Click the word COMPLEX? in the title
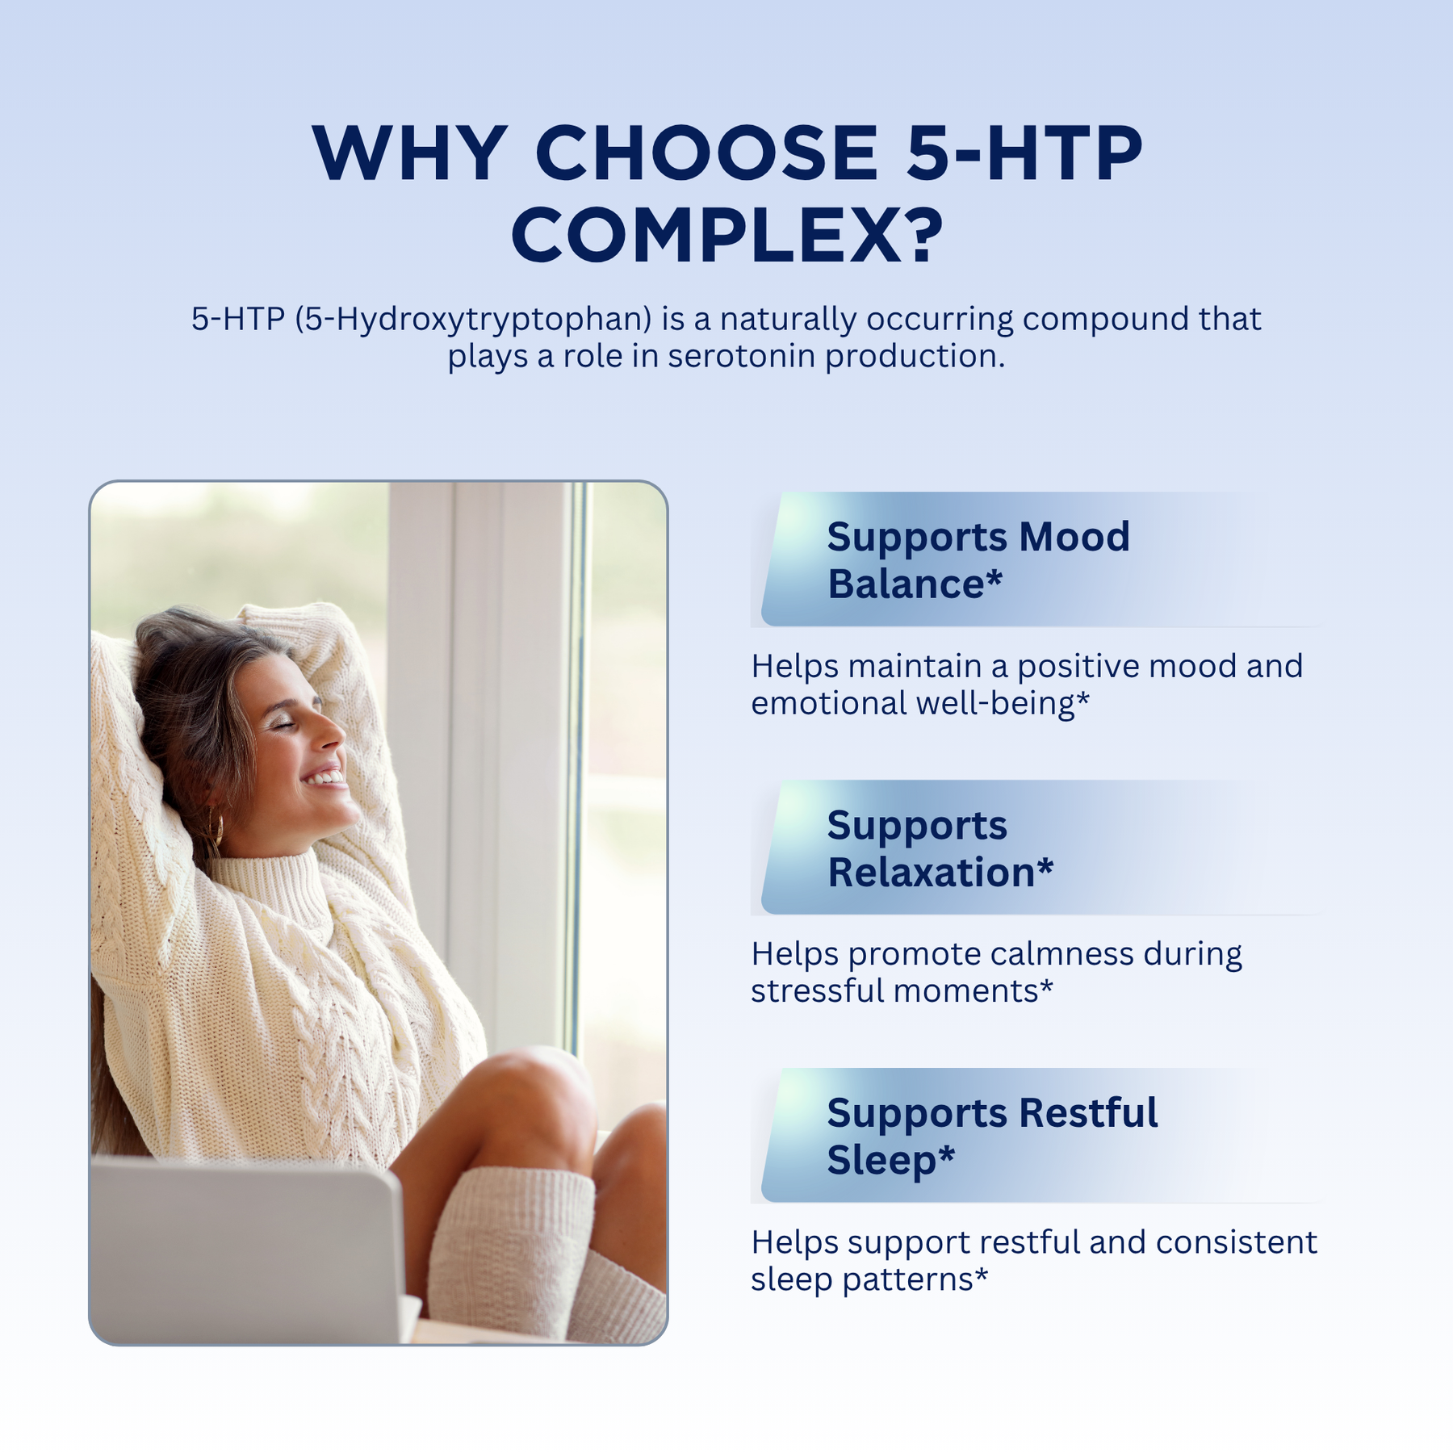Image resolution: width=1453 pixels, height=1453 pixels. click(x=727, y=235)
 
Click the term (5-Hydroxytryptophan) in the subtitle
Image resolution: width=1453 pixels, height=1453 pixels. click(x=473, y=320)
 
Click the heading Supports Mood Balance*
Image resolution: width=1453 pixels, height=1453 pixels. click(x=978, y=559)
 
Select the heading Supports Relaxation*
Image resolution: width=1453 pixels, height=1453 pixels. click(x=940, y=848)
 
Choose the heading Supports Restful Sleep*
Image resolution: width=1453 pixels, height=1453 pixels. click(x=992, y=1136)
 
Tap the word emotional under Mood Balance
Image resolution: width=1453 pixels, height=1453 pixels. click(x=829, y=703)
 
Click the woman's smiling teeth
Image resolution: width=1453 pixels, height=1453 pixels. click(x=325, y=777)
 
